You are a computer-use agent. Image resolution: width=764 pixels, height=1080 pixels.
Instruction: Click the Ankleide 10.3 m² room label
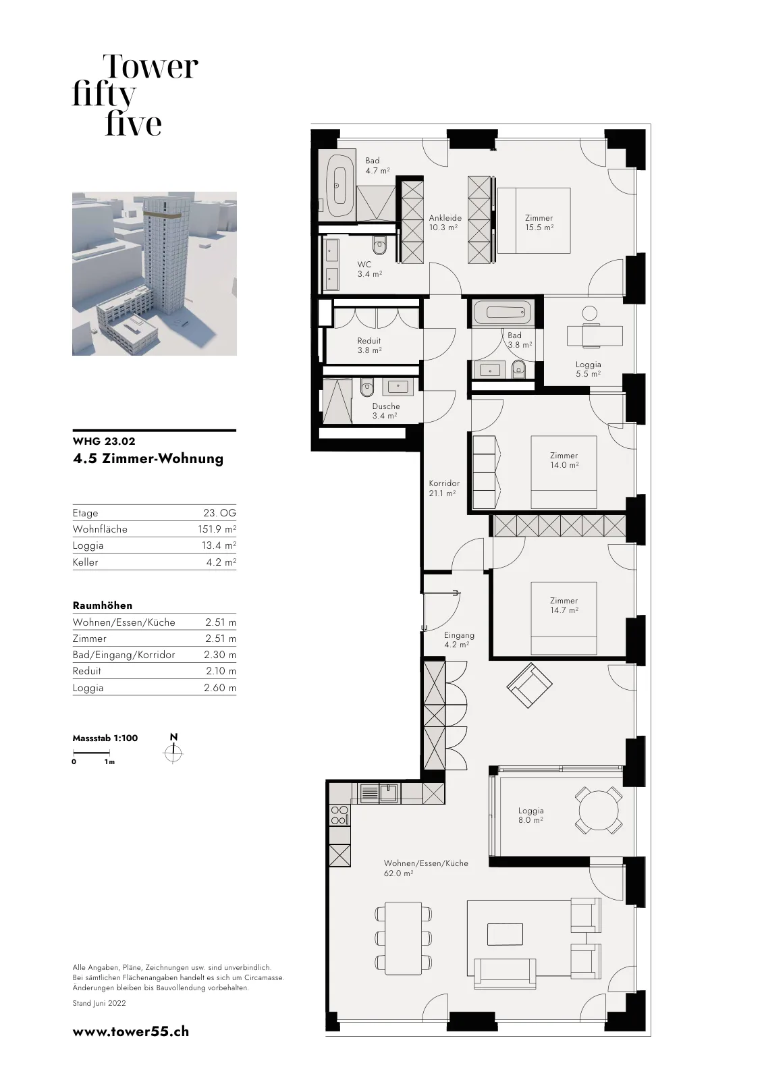pos(445,222)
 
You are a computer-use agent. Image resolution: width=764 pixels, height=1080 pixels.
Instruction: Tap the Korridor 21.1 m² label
pos(444,488)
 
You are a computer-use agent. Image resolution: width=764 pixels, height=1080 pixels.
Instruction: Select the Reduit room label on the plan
pos(369,345)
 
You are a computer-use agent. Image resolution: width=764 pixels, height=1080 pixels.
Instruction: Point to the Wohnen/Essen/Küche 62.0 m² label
pos(426,868)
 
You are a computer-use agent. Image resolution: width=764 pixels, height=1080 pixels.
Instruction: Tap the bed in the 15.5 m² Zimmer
pos(534,220)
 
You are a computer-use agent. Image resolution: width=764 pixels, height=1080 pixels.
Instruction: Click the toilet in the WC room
pos(379,246)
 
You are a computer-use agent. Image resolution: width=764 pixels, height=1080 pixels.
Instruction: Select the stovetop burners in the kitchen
pos(339,816)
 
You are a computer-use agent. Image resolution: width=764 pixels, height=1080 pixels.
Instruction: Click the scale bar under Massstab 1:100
pos(92,752)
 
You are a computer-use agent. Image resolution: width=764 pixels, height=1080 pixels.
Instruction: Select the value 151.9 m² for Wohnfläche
pos(217,529)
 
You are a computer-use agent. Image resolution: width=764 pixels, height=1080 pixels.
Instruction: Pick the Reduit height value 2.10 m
pos(220,671)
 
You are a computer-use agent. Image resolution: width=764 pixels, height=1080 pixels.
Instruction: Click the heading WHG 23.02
pos(104,441)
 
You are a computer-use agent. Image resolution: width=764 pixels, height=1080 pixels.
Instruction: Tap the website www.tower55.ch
pos(131,1032)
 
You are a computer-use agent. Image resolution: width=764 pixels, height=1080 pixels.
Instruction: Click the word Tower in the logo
pos(151,67)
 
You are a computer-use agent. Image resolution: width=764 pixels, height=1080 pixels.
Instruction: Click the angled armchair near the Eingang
pos(528,685)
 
